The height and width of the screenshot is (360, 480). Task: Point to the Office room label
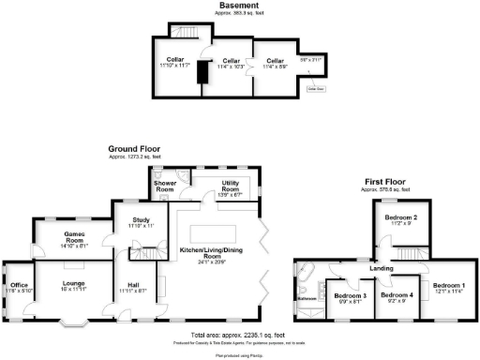pyautogui.click(x=19, y=286)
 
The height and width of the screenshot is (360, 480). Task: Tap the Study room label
pyautogui.click(x=128, y=222)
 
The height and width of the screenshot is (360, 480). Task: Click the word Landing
pyautogui.click(x=382, y=269)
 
